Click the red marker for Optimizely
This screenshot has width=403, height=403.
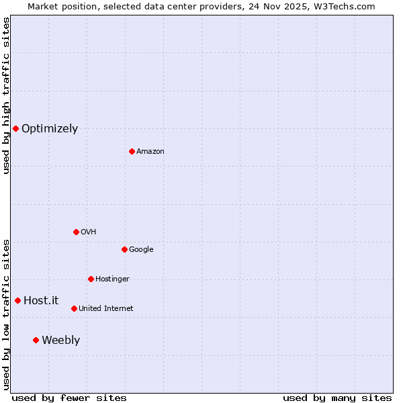(x=15, y=128)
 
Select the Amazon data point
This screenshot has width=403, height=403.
(x=132, y=151)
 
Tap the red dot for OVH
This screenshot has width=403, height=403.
(x=76, y=232)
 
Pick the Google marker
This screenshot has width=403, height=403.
(x=124, y=249)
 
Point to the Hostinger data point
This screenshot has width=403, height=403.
(x=91, y=279)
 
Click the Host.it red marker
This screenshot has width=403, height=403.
(x=17, y=300)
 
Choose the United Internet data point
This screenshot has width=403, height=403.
(x=74, y=308)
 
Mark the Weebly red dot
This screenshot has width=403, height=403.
(x=36, y=340)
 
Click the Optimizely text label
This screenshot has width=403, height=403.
(x=50, y=129)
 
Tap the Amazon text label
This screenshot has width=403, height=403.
(x=150, y=152)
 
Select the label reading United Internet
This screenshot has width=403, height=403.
(x=106, y=309)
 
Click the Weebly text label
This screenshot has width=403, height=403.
(x=60, y=341)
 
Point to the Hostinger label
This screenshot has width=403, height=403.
(x=112, y=279)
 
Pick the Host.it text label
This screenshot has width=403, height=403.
(x=41, y=301)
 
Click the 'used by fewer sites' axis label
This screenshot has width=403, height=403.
(x=69, y=398)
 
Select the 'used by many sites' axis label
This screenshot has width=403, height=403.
(x=337, y=398)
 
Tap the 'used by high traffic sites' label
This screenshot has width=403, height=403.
(x=6, y=95)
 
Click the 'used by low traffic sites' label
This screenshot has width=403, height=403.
(x=6, y=314)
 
